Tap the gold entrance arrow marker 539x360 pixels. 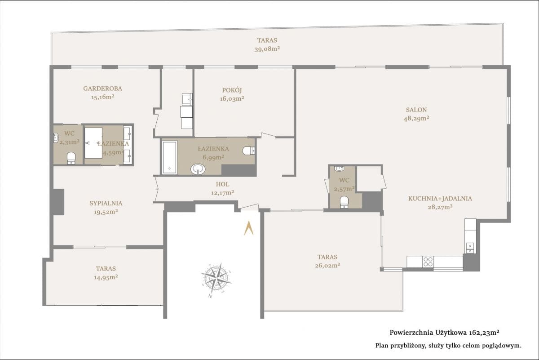coord(248,228)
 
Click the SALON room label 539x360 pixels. coord(416,110)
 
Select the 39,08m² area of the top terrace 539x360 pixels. coord(267,49)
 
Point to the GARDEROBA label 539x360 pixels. coord(103,89)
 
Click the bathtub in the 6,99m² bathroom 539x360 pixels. coord(170,157)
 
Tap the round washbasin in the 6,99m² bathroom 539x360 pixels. coord(198,169)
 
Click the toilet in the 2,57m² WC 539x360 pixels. coord(345,202)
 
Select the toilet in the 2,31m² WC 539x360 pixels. coord(71,158)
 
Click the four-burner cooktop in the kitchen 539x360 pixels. coord(428,262)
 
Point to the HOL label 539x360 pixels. coord(223,184)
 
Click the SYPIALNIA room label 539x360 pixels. coord(106,203)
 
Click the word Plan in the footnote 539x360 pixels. coord(382,346)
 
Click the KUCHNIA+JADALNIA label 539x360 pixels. coord(440,199)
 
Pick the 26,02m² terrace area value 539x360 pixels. coord(327,266)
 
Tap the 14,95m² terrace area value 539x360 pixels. coord(106,277)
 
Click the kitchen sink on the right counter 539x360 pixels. coord(470,248)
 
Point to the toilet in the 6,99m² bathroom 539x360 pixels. coord(248,151)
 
